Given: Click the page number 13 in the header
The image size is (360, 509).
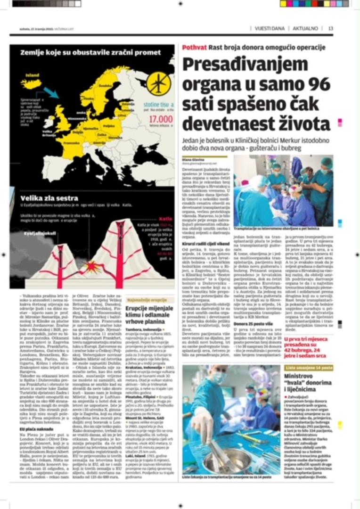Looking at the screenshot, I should click(x=330, y=28).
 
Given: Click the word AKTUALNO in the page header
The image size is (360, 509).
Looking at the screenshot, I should click(x=305, y=28).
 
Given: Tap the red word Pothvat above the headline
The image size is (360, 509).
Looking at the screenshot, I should click(x=195, y=47).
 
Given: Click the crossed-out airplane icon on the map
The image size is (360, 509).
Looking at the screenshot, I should click(x=159, y=83).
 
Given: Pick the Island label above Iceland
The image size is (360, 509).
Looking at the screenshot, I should click(x=33, y=75).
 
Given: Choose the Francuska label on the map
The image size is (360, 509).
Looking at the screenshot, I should click(x=72, y=141).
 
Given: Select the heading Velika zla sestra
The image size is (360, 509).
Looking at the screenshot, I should click(x=49, y=198).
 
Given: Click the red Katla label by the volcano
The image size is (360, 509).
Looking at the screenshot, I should click(x=165, y=219).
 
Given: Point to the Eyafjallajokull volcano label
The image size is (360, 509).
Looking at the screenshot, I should click(x=41, y=233).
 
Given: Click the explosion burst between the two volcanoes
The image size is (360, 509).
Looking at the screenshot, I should click(x=90, y=268).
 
